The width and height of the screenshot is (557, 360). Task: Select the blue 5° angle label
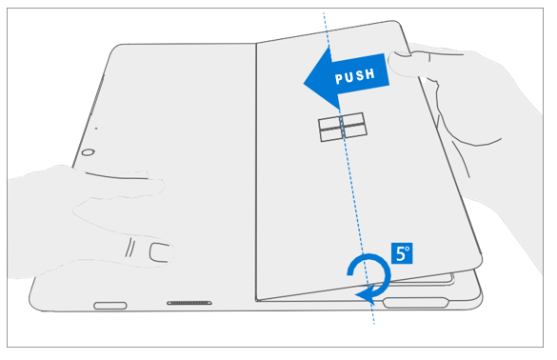click(402, 254)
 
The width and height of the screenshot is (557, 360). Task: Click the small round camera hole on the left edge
click(87, 152)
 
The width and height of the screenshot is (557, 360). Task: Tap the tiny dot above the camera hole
click(95, 128)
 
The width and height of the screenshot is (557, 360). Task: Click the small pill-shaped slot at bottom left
click(109, 306)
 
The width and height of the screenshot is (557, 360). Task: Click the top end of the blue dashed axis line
click(324, 13)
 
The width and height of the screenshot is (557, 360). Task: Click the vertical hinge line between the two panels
click(257, 171)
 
